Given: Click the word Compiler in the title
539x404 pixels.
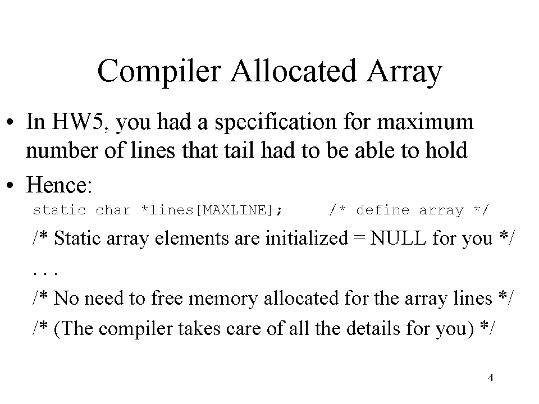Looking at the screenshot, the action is tap(159, 72).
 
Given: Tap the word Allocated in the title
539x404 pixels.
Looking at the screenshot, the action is tap(294, 71).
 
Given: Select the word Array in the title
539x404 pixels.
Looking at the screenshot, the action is tap(404, 72).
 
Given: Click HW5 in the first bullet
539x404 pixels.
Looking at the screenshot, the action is tap(78, 122).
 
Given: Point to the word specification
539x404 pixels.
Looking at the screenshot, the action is tap(276, 123).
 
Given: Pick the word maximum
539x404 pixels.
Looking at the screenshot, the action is tap(425, 123).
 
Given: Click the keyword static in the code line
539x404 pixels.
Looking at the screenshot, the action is tap(60, 210).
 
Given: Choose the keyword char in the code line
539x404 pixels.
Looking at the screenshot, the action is tap(113, 210).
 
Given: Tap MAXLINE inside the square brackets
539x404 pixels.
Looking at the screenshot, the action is tap(235, 210).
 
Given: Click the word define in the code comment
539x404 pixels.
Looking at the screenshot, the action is tap(382, 210).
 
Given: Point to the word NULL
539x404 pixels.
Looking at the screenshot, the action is tap(398, 238).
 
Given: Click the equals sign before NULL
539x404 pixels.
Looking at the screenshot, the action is tap(359, 237).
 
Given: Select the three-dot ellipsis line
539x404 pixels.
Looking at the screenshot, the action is tap(45, 274).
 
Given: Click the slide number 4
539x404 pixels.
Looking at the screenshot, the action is tap(491, 378).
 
